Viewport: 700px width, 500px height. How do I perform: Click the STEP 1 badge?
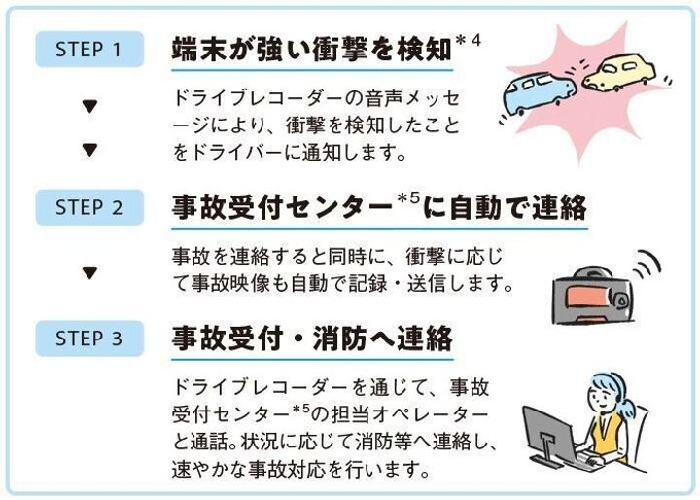pyautogui.click(x=88, y=50)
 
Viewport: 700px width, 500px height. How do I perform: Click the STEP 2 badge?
pyautogui.click(x=88, y=207)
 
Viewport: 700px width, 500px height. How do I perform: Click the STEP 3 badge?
pyautogui.click(x=88, y=339)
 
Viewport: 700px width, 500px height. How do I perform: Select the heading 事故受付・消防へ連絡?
pyautogui.click(x=311, y=339)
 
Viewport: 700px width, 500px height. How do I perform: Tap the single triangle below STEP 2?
pyautogui.click(x=89, y=272)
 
